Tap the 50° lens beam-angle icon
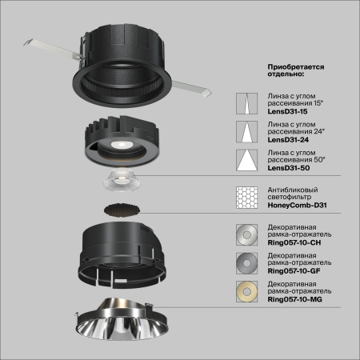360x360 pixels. pos(246,159)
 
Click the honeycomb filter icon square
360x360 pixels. pos(246,198)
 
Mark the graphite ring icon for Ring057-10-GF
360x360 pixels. pos(246,262)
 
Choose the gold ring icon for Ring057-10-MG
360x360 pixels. pos(246,290)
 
